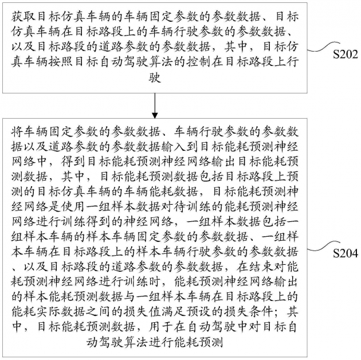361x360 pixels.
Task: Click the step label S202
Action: tap(346, 54)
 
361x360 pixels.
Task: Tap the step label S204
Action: tap(346, 253)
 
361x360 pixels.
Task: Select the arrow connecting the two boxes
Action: tap(155, 105)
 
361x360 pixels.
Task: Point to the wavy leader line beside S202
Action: tap(324, 47)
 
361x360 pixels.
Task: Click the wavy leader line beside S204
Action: tap(324, 246)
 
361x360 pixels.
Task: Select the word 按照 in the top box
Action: tap(61, 62)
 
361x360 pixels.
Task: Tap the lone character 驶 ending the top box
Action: tap(155, 77)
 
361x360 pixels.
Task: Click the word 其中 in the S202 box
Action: tap(236, 47)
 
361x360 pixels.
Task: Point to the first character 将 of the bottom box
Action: tap(17, 131)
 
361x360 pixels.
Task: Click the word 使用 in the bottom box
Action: tap(73, 207)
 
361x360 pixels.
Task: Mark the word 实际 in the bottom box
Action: tap(48, 312)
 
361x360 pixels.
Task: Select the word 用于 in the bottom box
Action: tap(160, 327)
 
